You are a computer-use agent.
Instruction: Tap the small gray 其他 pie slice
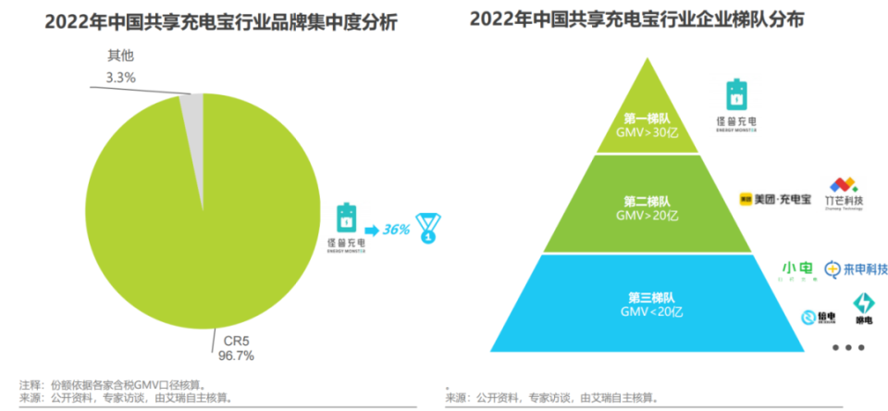tap(192, 130)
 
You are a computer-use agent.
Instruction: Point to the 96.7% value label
tap(233, 355)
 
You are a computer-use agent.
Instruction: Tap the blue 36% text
tap(395, 229)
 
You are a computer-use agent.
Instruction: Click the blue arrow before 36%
tap(369, 229)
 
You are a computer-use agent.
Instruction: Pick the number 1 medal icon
tap(427, 228)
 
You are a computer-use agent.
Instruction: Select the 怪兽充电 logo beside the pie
tap(346, 227)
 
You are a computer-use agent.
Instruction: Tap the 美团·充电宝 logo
tap(775, 198)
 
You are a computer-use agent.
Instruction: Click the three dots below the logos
tap(847, 348)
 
